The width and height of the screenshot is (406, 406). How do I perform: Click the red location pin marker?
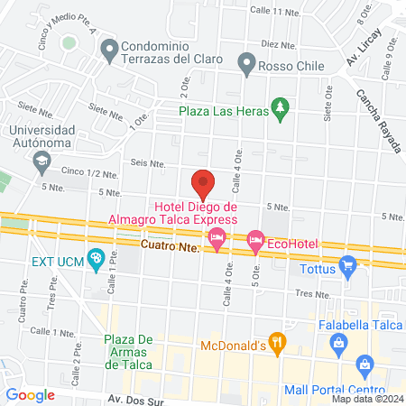(203, 183)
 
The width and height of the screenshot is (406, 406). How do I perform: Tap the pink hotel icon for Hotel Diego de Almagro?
(216, 239)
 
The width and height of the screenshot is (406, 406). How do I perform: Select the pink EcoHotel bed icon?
(255, 240)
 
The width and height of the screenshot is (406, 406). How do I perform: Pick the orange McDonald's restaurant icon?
(280, 343)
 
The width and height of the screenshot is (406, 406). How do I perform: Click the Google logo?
(31, 394)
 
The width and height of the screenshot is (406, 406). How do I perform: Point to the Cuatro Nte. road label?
(169, 245)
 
